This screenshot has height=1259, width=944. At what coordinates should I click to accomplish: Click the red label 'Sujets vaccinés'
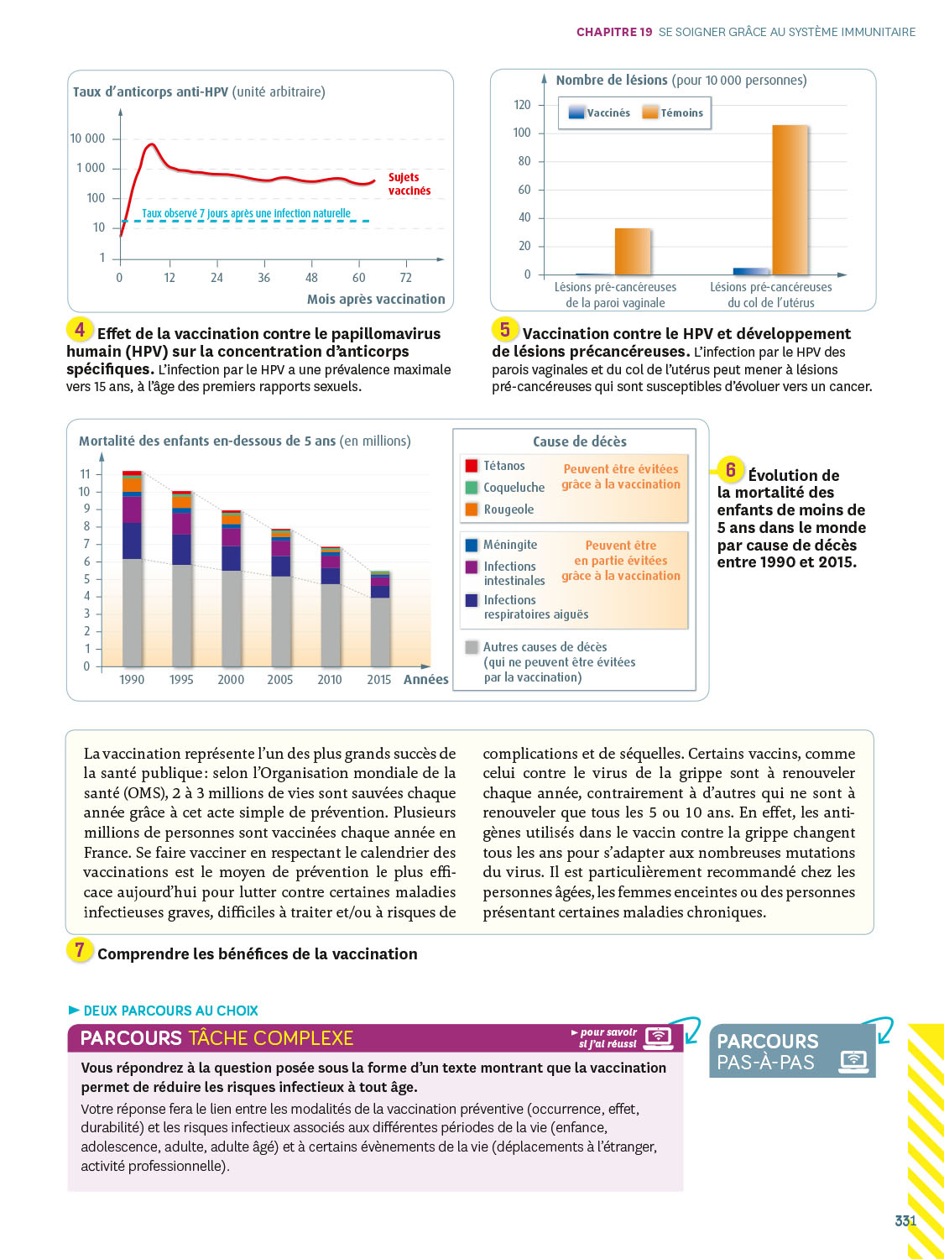(409, 184)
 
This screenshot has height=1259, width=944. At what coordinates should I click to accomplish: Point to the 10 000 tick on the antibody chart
(88, 138)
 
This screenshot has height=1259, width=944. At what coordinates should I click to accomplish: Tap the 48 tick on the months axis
(311, 278)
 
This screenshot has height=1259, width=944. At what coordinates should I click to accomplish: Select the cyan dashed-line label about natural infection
(246, 213)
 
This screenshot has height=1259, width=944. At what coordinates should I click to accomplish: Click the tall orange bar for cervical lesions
(790, 200)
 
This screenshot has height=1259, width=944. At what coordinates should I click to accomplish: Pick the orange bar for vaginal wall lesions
(633, 251)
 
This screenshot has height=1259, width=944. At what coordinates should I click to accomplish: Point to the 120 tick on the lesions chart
(522, 105)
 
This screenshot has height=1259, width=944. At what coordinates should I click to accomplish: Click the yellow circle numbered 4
(80, 330)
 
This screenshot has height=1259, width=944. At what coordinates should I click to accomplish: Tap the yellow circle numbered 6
(730, 470)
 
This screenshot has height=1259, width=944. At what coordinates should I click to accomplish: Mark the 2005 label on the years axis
(280, 680)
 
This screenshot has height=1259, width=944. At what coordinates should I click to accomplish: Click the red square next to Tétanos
(472, 466)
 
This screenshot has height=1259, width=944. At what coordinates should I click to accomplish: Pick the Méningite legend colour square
(472, 545)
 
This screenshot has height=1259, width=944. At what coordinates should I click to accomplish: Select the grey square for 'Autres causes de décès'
(472, 647)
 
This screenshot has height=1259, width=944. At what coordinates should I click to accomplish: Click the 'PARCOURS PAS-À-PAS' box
(791, 1051)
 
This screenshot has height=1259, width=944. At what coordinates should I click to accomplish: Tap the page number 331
(905, 1221)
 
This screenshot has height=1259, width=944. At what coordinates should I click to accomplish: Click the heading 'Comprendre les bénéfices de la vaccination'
(257, 953)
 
